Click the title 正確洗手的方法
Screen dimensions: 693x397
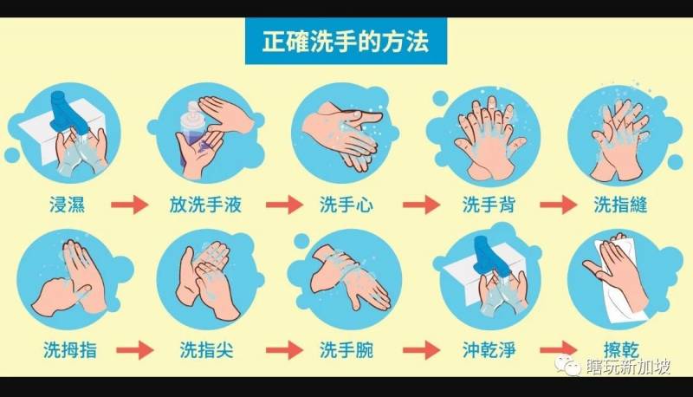tap(346, 41)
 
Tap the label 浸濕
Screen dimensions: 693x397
tap(68, 205)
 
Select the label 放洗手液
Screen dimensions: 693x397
tap(205, 205)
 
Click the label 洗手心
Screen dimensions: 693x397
tap(346, 205)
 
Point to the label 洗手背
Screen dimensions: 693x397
tap(489, 205)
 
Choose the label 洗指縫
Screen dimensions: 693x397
tap(620, 205)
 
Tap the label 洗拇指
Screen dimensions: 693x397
tap(70, 349)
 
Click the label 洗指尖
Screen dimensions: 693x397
tap(206, 349)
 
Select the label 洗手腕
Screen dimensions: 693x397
tap(346, 349)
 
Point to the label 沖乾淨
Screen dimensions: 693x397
tap(489, 349)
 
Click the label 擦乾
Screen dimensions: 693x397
tap(621, 349)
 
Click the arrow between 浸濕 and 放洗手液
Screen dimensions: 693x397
tap(129, 205)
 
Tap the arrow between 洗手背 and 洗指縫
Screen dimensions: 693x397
tap(559, 205)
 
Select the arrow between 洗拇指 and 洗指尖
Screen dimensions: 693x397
tap(135, 350)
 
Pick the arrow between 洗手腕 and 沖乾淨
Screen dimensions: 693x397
tap(422, 350)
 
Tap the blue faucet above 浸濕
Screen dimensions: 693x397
tap(68, 112)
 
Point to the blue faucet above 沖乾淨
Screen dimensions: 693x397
tap(489, 257)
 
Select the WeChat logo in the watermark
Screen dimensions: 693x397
tap(567, 365)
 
